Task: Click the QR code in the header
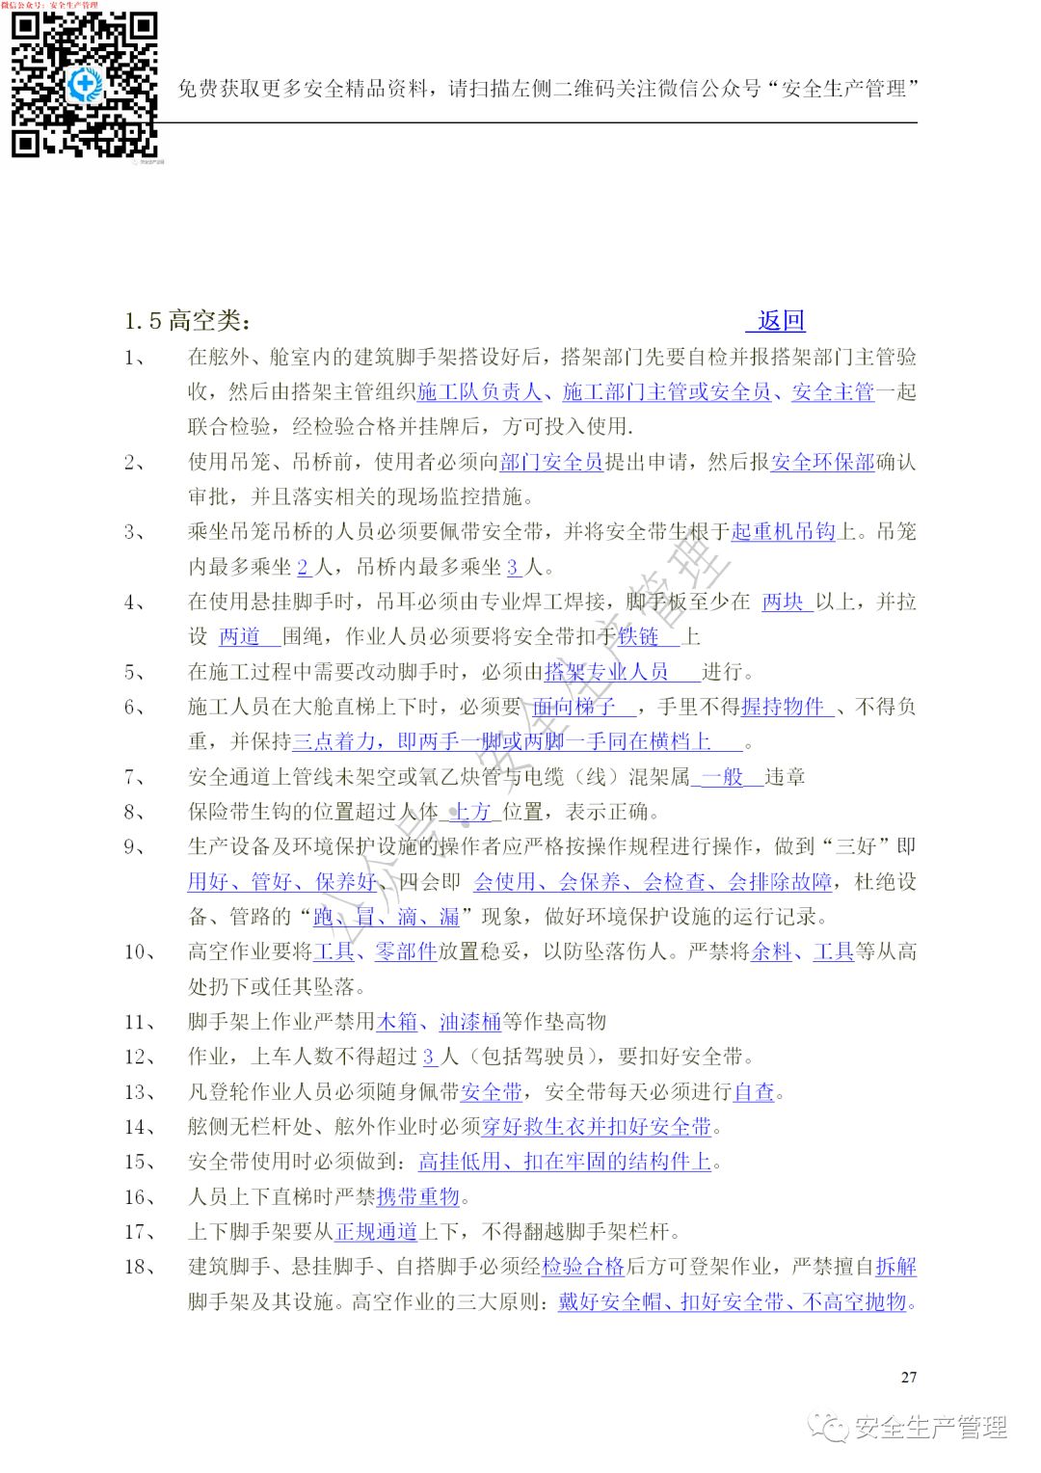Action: (x=84, y=85)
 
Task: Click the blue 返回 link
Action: (x=781, y=321)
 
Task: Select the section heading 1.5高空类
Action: (x=187, y=321)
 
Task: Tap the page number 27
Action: (x=908, y=1377)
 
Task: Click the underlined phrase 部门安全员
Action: (x=551, y=462)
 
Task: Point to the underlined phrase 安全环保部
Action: (x=822, y=462)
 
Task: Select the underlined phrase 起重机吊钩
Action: (x=783, y=532)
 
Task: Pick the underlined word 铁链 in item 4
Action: (x=639, y=637)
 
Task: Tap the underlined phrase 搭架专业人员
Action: (x=607, y=672)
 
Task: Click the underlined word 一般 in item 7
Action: (x=722, y=777)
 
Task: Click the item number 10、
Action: (x=141, y=952)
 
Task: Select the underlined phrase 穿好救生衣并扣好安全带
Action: (x=597, y=1127)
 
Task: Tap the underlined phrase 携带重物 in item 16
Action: (x=418, y=1197)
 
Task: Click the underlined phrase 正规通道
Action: (x=376, y=1232)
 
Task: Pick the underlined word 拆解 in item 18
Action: (x=895, y=1267)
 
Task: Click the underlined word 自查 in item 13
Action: (x=754, y=1092)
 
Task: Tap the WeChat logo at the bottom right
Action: (x=828, y=1427)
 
